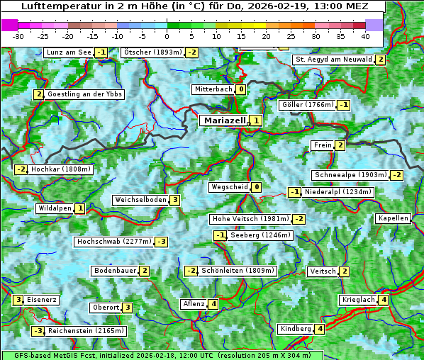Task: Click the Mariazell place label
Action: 224,120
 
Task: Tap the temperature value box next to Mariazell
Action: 255,120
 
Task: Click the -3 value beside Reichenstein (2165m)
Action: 38,331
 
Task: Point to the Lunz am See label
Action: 68,52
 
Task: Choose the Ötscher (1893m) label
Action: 152,52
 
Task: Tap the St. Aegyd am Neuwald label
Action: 333,60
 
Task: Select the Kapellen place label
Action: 394,218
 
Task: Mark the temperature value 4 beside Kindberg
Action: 320,329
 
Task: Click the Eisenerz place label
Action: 42,300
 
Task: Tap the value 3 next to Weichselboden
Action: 174,200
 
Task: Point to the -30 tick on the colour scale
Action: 18,36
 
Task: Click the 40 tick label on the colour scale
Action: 365,36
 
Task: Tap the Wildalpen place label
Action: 55,208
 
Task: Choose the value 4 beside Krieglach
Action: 383,300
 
